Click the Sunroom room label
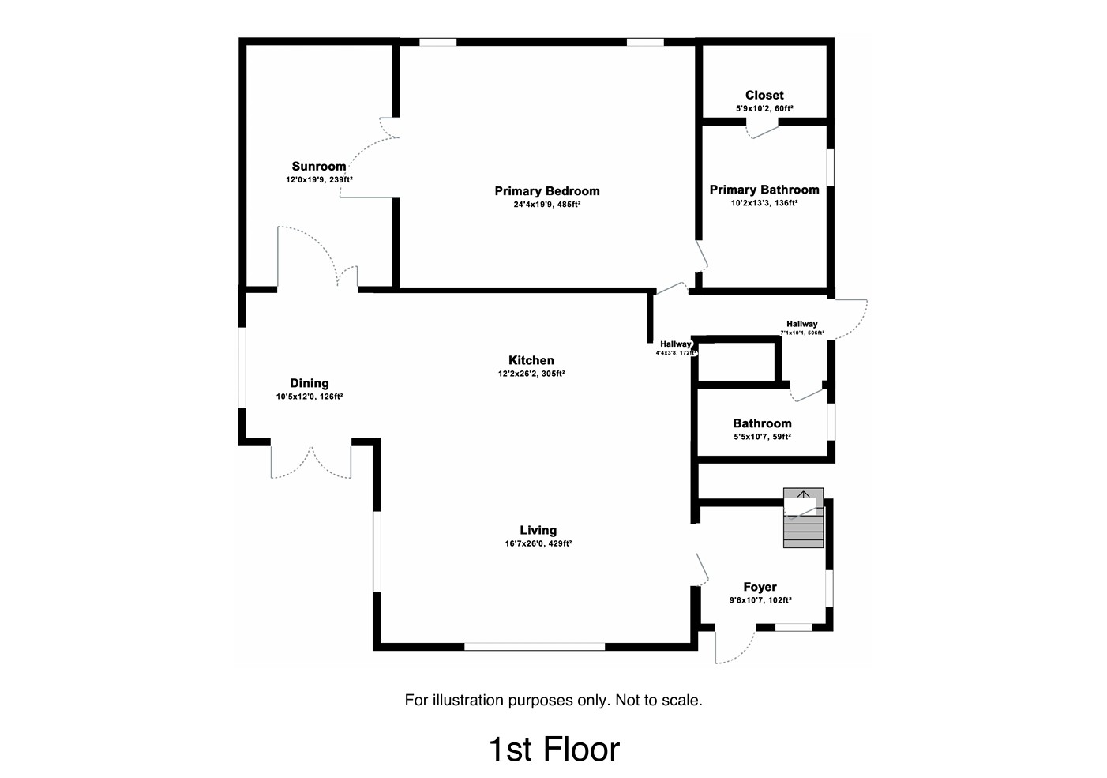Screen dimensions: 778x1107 click(x=319, y=167)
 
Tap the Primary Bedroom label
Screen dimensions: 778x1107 click(x=547, y=191)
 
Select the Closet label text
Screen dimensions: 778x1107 click(x=764, y=96)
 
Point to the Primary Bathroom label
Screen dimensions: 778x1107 click(x=764, y=190)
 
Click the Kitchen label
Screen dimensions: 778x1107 click(x=531, y=361)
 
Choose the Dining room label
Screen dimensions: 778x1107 click(x=309, y=384)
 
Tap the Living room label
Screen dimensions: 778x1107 click(x=538, y=531)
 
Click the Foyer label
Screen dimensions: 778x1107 click(x=760, y=587)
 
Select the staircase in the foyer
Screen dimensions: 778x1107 click(x=803, y=519)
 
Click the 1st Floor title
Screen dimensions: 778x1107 click(x=553, y=749)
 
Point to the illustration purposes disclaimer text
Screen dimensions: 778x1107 click(x=553, y=700)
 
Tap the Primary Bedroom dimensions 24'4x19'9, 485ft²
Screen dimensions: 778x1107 click(x=547, y=205)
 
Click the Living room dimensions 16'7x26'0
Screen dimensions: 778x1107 click(x=538, y=543)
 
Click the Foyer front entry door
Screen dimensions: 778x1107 click(x=734, y=646)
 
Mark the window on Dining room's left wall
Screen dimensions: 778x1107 click(x=242, y=367)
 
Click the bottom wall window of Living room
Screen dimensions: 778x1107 click(x=535, y=646)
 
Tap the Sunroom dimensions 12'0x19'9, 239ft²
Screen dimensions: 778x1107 click(x=319, y=180)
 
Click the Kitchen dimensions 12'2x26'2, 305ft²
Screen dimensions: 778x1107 click(x=531, y=374)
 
